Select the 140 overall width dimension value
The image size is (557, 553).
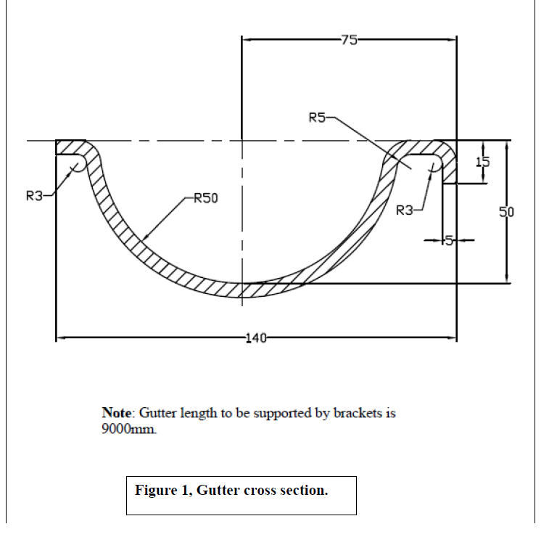coord(257,337)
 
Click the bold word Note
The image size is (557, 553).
coord(117,413)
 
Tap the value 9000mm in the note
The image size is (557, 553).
coord(128,428)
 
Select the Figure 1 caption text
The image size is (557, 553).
coord(231,491)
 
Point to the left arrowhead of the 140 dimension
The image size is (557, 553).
coord(59,337)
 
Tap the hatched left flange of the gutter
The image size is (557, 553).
coord(71,147)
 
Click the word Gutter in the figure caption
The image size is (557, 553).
coord(215,491)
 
